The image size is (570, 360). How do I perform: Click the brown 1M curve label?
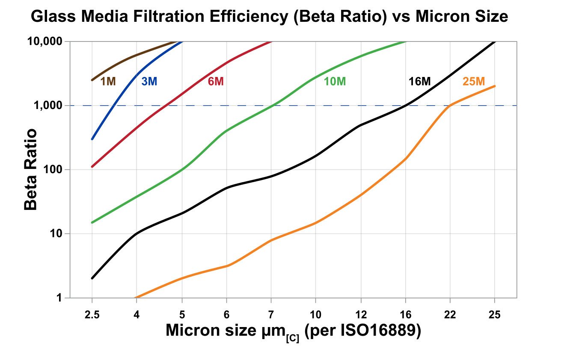coord(108,81)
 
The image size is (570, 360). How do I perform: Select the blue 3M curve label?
coord(149,81)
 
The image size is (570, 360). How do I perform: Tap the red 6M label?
coord(216,81)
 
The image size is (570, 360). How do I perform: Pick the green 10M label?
coord(335,81)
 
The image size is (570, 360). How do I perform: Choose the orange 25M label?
coord(474,81)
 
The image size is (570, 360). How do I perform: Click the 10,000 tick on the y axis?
coord(45,41)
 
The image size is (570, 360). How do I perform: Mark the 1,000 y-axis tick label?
coord(47,106)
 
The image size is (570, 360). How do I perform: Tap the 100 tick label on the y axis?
coord(53,170)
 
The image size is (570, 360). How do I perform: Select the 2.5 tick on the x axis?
coord(92,315)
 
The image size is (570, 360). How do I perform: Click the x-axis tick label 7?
coord(271,315)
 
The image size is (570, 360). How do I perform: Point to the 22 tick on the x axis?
coord(450,315)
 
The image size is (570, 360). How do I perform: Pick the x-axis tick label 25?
coord(495,315)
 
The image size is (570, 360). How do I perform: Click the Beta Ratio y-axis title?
coord(31,169)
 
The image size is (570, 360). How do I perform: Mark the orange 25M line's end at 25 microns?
coord(495,86)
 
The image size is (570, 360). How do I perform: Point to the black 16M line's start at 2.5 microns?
coord(92,278)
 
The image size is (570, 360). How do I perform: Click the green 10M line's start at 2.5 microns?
coord(92,222)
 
